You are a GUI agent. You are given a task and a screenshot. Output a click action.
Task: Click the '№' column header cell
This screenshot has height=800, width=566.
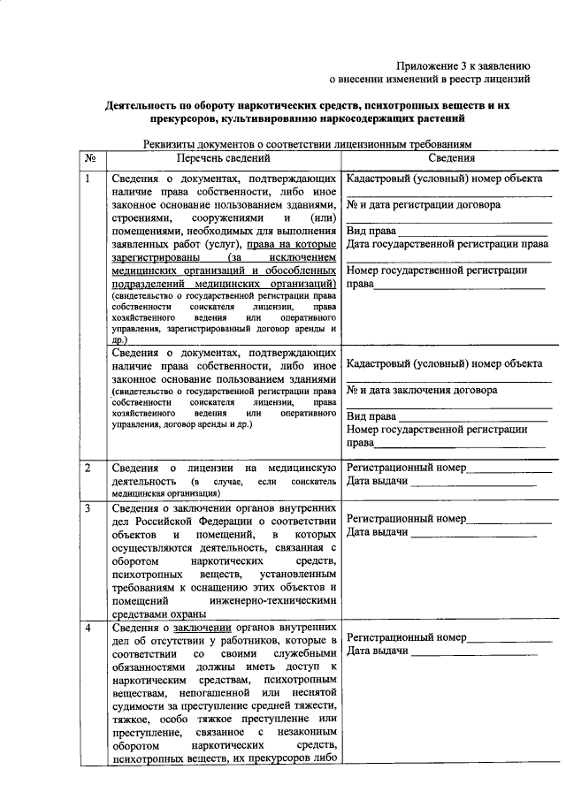point(89,158)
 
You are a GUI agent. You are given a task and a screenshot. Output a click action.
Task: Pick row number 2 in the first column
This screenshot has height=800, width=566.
point(88,466)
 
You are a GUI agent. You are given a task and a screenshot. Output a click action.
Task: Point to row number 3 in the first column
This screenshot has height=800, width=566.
point(88,509)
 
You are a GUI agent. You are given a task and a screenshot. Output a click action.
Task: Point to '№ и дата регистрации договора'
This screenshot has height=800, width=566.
point(424,205)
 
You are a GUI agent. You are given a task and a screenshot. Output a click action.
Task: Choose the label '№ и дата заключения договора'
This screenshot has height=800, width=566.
point(422,390)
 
